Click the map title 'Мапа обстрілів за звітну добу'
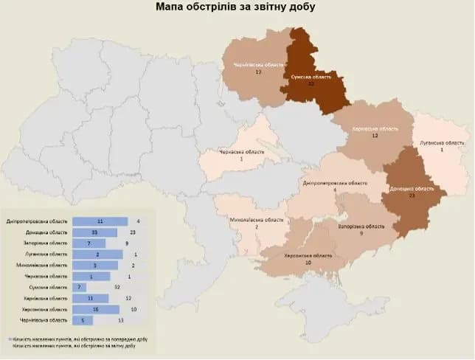coord(236,7)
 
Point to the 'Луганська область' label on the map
coord(442,142)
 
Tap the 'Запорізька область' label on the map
coord(361,226)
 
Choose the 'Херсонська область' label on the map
coord(308,255)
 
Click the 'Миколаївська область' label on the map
coord(256,220)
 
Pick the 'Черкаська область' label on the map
coord(240,152)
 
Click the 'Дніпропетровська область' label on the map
coord(334,182)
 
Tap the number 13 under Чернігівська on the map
coord(258,73)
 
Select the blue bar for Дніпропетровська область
coord(100,221)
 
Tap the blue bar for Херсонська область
coord(96,309)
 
